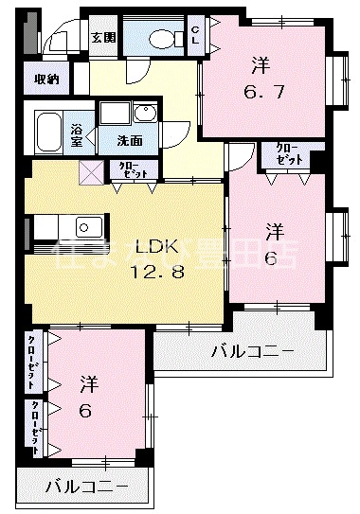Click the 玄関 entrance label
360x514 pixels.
pos(103,38)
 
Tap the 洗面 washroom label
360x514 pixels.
pos(130,140)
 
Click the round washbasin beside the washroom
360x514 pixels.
pos(144,115)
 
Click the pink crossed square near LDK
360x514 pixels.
pos(92,171)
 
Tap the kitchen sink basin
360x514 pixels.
pos(89,228)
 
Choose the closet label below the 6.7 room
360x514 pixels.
pos(285,153)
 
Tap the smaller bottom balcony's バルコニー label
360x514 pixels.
pos(85,487)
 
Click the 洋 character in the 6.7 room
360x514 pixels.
pos(261,66)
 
